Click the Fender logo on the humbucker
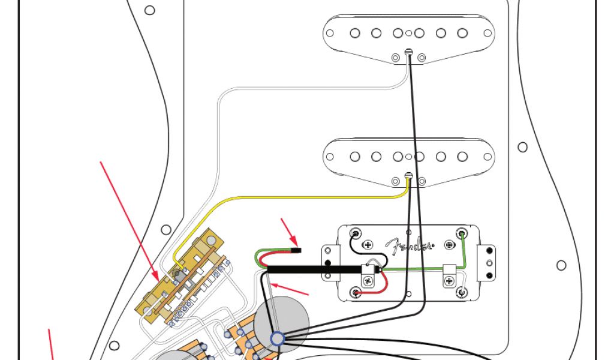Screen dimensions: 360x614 click(x=410, y=245)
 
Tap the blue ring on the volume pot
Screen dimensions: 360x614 click(x=277, y=340)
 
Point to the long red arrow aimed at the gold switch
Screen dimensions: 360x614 click(x=129, y=220)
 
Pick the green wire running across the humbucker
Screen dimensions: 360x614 click(x=420, y=271)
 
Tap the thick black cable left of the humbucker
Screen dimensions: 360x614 click(x=312, y=271)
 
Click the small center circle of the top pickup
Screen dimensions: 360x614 click(x=408, y=34)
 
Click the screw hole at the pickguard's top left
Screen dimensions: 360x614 click(x=150, y=10)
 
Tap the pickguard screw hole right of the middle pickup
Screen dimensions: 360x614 click(x=522, y=146)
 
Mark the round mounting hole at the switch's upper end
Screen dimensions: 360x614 click(x=210, y=241)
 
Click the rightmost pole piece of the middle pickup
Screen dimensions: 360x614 click(x=462, y=157)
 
